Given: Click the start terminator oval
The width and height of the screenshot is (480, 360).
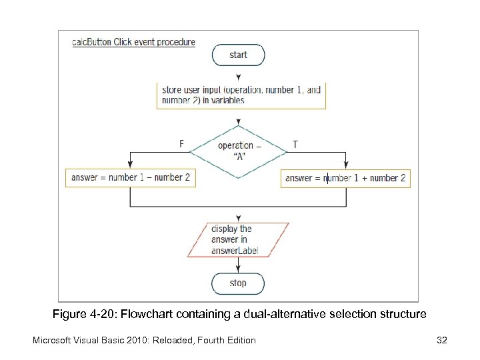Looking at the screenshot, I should point(238,55).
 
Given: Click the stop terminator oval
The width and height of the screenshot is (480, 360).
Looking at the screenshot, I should point(238,283).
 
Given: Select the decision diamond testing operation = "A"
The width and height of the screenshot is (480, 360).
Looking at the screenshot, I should point(238,151).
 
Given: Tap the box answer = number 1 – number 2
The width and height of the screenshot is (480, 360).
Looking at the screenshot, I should point(131,178).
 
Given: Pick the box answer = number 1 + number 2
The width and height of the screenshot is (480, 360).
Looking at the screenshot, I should point(345,178).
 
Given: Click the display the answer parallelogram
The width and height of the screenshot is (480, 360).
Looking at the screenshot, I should point(238,240).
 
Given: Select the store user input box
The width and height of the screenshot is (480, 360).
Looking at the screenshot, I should point(241,95).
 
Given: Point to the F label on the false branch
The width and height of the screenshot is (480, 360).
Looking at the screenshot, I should point(181,144).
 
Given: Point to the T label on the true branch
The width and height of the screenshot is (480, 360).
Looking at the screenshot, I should point(295,144).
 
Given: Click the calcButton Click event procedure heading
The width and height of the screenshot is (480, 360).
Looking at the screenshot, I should point(133,42).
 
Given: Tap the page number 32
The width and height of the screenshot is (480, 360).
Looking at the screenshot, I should point(441,341).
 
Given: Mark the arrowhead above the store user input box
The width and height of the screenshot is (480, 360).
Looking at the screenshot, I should point(238,78).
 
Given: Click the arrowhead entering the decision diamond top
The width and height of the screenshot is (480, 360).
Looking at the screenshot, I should point(238,122).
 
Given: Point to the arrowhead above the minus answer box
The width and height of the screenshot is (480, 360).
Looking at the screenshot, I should point(130,166).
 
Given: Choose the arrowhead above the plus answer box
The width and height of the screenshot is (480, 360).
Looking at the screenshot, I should point(345,166).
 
